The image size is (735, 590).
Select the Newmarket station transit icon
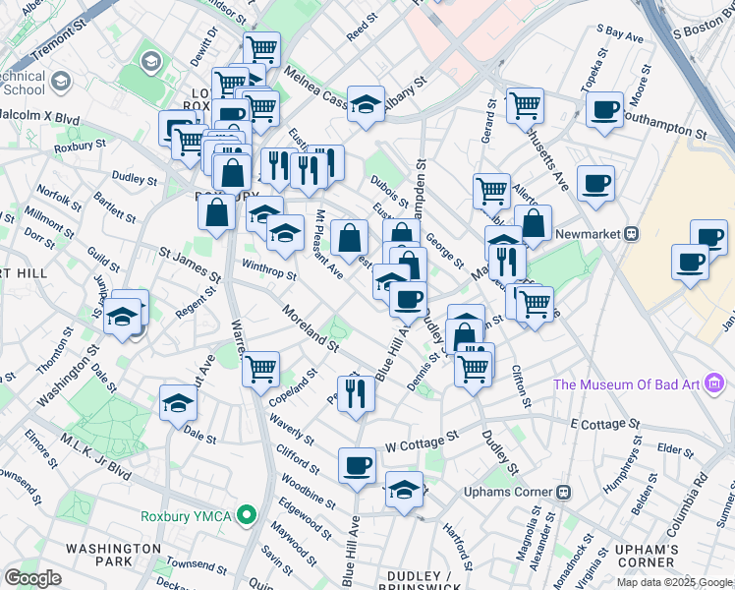pyautogui.click(x=633, y=234)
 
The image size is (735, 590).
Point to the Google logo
pyautogui.click(x=33, y=578)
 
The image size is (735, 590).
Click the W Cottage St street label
pyautogui.click(x=423, y=440)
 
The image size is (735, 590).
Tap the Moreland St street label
pyautogui.click(x=310, y=328)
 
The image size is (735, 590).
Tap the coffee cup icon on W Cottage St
pyautogui.click(x=357, y=464)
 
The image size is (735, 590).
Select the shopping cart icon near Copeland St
pyautogui.click(x=261, y=369)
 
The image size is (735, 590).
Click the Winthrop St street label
pyautogui.click(x=269, y=270)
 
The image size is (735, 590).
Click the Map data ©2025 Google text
pyautogui.click(x=673, y=582)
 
